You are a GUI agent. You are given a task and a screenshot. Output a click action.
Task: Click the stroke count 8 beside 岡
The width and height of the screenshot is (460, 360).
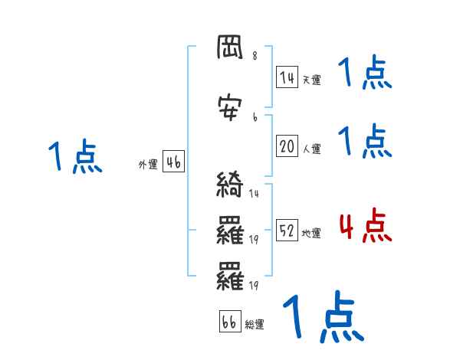[x=255, y=57]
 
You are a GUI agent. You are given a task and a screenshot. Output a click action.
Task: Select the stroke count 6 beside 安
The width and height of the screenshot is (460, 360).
[x=255, y=117]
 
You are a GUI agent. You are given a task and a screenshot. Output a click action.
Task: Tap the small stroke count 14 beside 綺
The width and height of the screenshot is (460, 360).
[x=254, y=194]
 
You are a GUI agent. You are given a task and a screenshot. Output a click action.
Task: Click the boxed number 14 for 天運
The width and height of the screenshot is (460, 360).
[x=287, y=77]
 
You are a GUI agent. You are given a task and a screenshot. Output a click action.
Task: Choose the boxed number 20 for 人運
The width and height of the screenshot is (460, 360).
[x=287, y=147]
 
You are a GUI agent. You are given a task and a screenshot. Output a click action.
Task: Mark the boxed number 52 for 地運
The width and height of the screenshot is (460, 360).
[x=287, y=231]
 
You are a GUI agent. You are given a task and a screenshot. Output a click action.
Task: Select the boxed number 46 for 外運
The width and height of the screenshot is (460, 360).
[x=173, y=162]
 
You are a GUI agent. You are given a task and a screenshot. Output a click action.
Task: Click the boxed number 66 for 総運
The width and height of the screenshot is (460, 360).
[x=229, y=322]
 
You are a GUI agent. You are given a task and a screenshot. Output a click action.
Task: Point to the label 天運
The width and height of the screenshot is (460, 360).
[x=311, y=80]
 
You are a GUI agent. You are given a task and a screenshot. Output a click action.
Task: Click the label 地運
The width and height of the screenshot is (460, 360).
[x=311, y=233]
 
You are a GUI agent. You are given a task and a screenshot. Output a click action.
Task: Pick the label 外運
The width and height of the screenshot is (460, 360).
[x=148, y=164]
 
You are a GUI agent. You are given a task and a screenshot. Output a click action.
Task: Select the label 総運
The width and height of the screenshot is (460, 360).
[x=254, y=325]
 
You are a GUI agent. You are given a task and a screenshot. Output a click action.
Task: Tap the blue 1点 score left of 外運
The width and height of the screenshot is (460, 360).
[x=74, y=158]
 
